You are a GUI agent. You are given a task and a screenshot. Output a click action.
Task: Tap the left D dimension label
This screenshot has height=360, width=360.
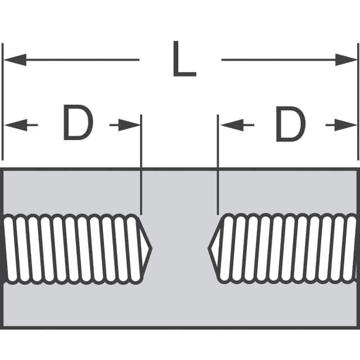[77, 124]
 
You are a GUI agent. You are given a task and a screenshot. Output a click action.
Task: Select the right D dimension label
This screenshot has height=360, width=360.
[290, 124]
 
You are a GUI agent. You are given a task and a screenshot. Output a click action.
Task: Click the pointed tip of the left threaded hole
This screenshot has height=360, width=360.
[151, 248]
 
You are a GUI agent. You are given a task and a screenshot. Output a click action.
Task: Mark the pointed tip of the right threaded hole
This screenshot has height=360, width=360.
[209, 248]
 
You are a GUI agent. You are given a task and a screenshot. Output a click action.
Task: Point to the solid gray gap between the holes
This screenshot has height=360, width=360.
[180, 248]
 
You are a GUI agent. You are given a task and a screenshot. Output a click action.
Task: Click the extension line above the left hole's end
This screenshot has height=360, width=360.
[141, 163]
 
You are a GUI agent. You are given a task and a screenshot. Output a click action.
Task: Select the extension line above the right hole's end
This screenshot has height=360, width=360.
[218, 163]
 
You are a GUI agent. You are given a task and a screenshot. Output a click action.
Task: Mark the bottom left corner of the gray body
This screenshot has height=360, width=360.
[3, 327]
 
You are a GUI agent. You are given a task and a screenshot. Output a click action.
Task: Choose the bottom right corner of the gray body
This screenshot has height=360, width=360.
[357, 327]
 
